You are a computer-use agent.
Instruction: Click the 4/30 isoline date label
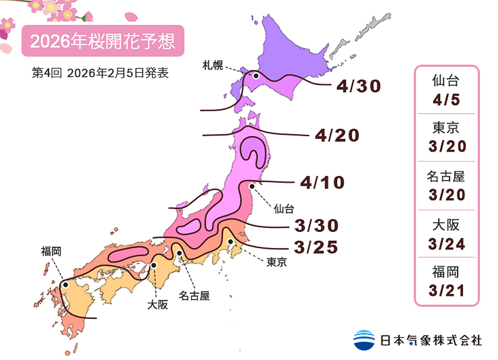coord(359,86)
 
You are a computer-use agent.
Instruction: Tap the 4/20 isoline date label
coord(336,136)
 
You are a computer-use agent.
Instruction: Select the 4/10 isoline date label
coord(322,183)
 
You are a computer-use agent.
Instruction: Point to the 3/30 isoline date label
coord(316,226)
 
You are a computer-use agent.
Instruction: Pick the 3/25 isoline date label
coord(316,247)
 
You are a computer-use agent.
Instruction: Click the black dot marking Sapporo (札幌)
coord(256,76)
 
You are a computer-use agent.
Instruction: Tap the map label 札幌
coord(213,65)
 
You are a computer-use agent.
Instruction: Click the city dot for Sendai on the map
coord(251,187)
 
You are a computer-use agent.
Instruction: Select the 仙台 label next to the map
coord(284,209)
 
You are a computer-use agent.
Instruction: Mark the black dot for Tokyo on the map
coord(230,241)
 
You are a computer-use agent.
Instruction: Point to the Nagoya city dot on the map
coord(179,253)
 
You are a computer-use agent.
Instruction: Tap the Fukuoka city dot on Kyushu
coord(65,285)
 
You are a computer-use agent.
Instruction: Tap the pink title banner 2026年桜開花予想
coord(103,41)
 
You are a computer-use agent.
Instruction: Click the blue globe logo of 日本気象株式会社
coord(364,340)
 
